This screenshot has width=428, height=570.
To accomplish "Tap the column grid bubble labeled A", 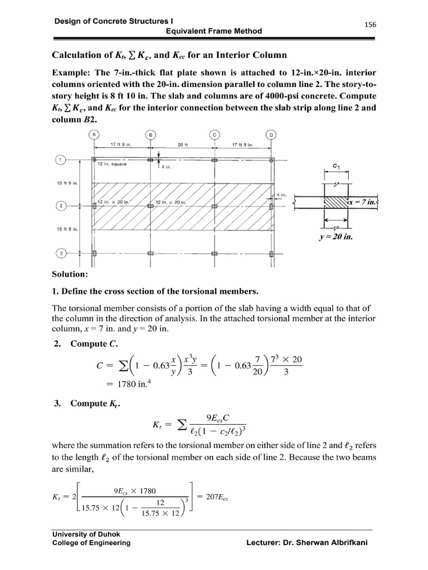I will [93, 135].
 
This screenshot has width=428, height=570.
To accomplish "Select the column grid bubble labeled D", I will [271, 135].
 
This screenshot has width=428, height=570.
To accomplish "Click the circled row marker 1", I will [60, 160].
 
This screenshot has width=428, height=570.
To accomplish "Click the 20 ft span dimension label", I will [183, 145].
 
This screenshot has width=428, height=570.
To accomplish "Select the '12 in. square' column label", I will [112, 165].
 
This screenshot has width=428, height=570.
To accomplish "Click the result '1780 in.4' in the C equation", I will [127, 383].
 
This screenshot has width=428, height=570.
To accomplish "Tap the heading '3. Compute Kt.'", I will [87, 404].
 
